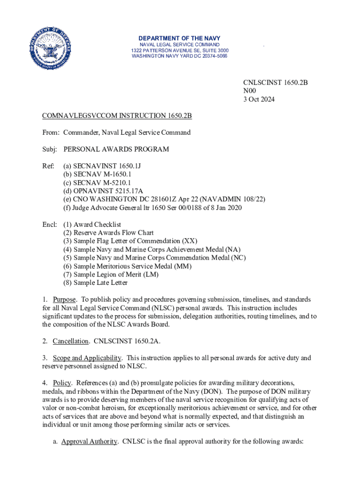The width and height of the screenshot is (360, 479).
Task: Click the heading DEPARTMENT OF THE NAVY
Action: pyautogui.click(x=180, y=38)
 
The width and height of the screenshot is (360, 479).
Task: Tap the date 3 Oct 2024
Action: pyautogui.click(x=259, y=99)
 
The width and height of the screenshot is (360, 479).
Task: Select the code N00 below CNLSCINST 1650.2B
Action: pyautogui.click(x=250, y=91)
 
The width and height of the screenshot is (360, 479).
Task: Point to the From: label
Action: pyautogui.click(x=50, y=132)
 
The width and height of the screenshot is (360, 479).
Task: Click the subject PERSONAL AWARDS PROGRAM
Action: pyautogui.click(x=116, y=149)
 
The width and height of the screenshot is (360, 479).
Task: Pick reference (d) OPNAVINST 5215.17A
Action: pyautogui.click(x=103, y=191)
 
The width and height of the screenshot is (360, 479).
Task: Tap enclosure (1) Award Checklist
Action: pyautogui.click(x=92, y=225)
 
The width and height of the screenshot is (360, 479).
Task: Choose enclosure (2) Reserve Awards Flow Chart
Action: pyautogui.click(x=108, y=233)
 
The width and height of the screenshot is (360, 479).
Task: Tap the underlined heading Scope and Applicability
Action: pyautogui.click(x=87, y=358)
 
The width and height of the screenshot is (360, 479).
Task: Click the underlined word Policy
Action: pyautogui.click(x=62, y=383)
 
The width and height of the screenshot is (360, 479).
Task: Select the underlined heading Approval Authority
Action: pyautogui.click(x=89, y=441)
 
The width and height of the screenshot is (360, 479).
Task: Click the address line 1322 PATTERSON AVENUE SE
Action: pyautogui.click(x=180, y=50)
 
